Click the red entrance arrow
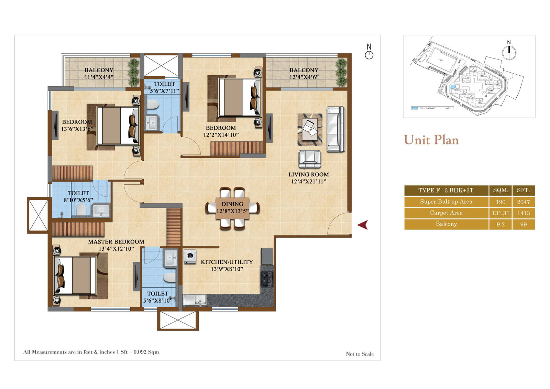(363, 225)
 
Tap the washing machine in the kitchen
(190, 257)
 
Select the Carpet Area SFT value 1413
(523, 213)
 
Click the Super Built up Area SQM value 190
(500, 202)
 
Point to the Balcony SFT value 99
(523, 224)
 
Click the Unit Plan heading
(431, 140)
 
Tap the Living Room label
(308, 175)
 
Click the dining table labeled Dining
(232, 208)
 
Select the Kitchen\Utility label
(227, 262)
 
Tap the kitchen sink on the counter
(194, 300)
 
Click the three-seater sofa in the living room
(335, 129)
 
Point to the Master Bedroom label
(116, 242)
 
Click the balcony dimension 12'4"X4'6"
(304, 77)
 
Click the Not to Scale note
(360, 354)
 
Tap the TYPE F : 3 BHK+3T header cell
(446, 190)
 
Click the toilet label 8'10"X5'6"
(78, 200)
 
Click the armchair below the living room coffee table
(310, 159)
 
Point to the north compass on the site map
(509, 52)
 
